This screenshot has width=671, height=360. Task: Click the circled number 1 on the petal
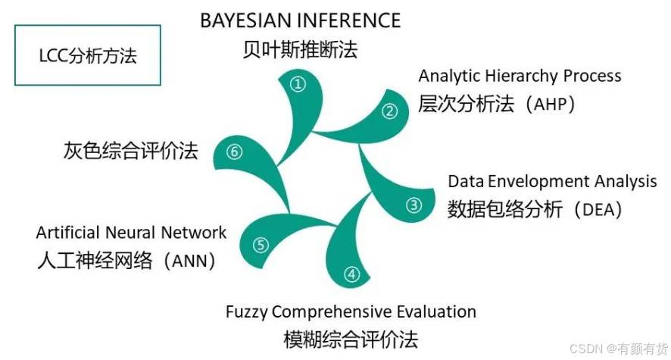(x=298, y=83)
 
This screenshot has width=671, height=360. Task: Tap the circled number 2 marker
(x=389, y=111)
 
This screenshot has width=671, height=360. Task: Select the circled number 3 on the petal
(x=414, y=205)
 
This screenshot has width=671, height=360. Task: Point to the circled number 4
(x=351, y=274)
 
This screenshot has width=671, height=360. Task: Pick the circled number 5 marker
(x=261, y=245)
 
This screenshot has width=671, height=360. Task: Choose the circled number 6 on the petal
(x=234, y=151)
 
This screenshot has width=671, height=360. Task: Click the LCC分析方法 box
(x=88, y=55)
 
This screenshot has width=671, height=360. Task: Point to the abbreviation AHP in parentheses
(x=550, y=104)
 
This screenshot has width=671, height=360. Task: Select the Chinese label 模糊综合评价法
(x=351, y=340)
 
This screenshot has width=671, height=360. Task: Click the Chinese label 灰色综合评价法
(x=131, y=151)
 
